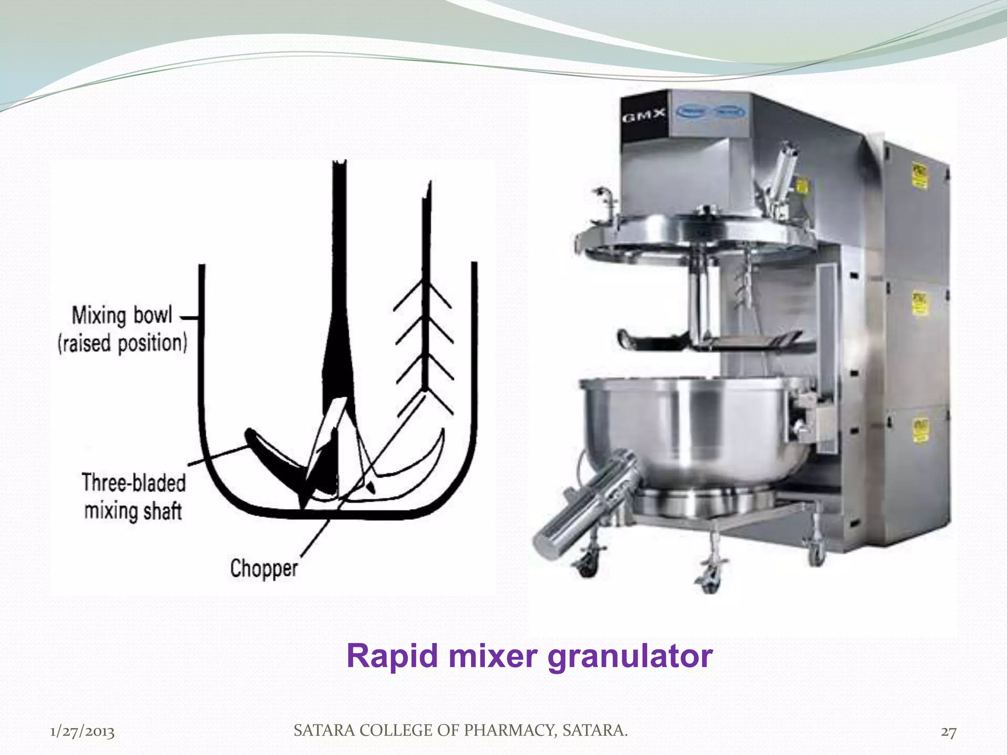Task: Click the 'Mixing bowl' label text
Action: tap(122, 315)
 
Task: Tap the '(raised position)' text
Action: tap(122, 343)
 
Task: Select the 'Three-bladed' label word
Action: tap(134, 483)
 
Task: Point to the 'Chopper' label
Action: tap(264, 569)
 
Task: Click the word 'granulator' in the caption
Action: tap(630, 657)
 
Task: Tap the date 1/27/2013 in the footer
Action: tap(83, 732)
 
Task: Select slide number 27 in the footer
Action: tap(948, 732)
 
